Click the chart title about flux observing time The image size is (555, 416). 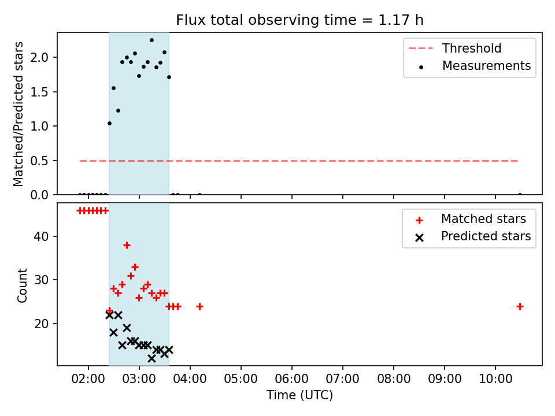pos(299,20)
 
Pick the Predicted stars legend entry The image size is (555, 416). pos(473,236)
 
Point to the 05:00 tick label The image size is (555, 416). pos(240,379)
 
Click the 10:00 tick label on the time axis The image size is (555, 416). pos(495,379)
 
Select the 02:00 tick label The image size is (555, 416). pos(88,379)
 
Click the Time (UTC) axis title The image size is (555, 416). pos(299,395)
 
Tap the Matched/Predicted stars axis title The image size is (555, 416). pos(18,114)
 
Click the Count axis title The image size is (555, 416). pos(22,285)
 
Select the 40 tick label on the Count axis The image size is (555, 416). pos(41,236)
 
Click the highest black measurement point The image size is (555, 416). pos(151,40)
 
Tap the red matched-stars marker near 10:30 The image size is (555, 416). pos(520,306)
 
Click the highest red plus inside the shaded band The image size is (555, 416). pos(127,245)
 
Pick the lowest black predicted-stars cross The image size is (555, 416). pos(151,358)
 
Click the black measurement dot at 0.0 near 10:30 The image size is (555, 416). pos(520,195)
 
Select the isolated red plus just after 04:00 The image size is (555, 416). pos(199,306)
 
